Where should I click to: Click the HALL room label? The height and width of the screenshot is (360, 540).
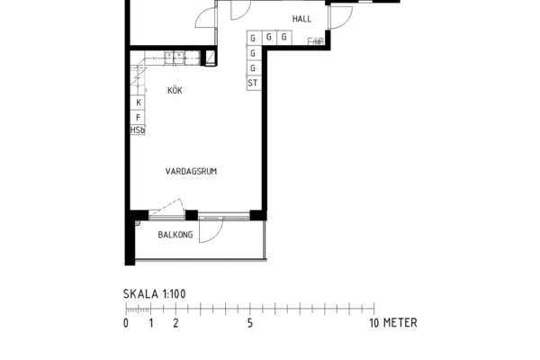tap(301, 19)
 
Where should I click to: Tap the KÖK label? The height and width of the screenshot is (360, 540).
tap(175, 90)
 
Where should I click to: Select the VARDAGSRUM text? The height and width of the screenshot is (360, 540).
tap(191, 171)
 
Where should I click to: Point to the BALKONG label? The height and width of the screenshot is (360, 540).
tap(175, 235)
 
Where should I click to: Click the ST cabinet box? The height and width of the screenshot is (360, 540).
tap(253, 83)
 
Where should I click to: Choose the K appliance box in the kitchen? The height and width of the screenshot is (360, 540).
tap(138, 103)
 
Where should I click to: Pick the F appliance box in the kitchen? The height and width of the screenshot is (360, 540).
tap(138, 117)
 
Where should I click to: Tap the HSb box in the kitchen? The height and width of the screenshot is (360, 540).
tap(138, 130)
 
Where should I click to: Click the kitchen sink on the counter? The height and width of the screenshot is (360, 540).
tap(174, 58)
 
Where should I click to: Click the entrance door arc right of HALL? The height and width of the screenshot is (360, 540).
tap(346, 21)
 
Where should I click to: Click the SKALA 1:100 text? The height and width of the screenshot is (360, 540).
tap(155, 294)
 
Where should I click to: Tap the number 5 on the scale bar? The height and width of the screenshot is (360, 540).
tap(250, 323)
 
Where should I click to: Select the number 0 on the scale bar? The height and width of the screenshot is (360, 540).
tap(126, 323)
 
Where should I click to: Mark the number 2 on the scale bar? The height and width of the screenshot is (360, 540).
tap(175, 323)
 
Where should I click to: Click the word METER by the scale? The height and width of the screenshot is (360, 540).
tap(400, 323)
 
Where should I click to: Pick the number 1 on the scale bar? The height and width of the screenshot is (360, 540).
tap(151, 323)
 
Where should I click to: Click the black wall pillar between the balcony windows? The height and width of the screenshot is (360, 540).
tap(192, 215)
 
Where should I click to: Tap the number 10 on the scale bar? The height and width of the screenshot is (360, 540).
tap(374, 323)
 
